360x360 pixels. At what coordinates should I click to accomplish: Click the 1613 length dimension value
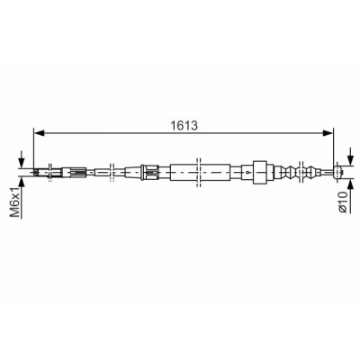184,125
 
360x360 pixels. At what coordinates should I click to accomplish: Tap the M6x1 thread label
15,201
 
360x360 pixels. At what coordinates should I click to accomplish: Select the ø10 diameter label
344,202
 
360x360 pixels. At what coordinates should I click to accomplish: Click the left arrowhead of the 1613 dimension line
40,132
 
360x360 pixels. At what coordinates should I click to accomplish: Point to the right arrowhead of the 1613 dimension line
328,132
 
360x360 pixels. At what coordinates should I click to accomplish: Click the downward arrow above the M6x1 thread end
22,159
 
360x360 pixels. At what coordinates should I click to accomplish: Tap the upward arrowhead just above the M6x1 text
22,181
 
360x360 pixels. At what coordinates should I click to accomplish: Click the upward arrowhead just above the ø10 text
350,184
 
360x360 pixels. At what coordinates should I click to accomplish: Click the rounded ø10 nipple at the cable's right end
338,172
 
